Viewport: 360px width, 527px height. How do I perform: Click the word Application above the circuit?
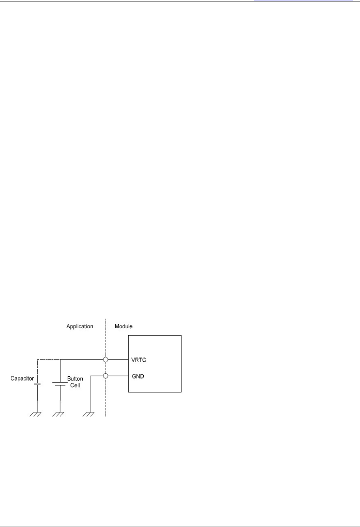pos(80,326)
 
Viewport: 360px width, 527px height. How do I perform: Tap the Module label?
pos(123,326)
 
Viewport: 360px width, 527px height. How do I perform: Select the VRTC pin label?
pos(139,360)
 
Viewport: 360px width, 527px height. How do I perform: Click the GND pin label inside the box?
pos(138,376)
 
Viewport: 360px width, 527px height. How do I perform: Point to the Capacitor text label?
pos(22,379)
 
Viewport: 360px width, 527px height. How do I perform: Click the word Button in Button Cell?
pos(75,379)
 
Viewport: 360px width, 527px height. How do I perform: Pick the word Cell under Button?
pos(75,385)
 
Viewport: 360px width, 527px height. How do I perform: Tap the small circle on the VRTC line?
pos(106,360)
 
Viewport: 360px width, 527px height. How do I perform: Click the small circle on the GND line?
pos(106,376)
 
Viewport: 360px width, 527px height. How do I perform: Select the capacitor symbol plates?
pos(37,384)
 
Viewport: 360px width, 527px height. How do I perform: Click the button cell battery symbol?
pos(60,384)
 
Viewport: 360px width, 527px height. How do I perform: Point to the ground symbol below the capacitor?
pos(37,414)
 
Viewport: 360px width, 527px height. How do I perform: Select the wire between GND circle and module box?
pos(118,376)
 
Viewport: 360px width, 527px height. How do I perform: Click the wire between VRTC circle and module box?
pos(118,360)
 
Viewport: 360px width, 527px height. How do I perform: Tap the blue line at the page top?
pos(303,0)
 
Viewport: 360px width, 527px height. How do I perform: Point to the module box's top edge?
pos(155,336)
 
